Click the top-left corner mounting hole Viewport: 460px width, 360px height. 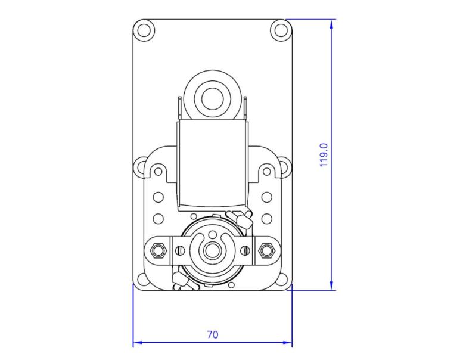click(144, 29)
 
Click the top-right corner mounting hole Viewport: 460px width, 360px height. click(281, 29)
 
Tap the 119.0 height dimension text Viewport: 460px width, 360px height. click(324, 154)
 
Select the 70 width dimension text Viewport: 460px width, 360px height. click(212, 334)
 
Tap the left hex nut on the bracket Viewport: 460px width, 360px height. click(158, 250)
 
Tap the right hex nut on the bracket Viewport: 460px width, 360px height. click(266, 250)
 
